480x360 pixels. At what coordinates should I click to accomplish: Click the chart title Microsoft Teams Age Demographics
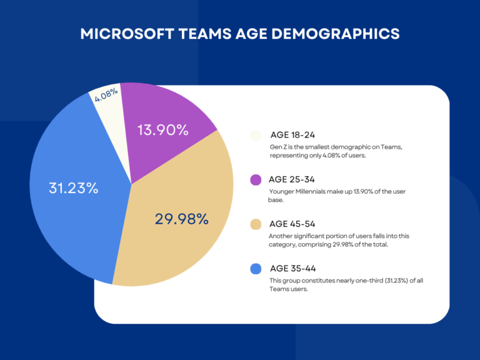(x=240, y=34)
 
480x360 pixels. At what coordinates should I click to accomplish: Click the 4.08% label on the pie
(x=106, y=96)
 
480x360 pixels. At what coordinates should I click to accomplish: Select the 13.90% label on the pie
(x=162, y=130)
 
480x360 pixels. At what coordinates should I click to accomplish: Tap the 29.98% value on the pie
(x=181, y=219)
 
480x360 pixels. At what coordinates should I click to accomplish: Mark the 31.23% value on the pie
(x=73, y=187)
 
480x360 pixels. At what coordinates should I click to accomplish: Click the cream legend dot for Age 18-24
(x=255, y=136)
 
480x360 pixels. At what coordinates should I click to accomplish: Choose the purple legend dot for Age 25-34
(x=255, y=180)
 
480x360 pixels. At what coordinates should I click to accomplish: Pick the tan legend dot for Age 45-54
(x=255, y=224)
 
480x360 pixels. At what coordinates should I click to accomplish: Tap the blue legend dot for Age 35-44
(x=255, y=269)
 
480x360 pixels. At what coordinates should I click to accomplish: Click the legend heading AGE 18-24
(x=292, y=135)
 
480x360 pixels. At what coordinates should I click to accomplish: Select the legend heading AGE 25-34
(x=292, y=179)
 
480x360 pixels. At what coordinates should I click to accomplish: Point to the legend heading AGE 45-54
(x=292, y=224)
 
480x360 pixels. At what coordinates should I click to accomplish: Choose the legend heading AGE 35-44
(x=292, y=268)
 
